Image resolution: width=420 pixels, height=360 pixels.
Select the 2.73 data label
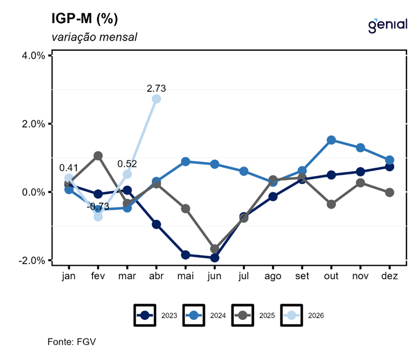(x=156, y=89)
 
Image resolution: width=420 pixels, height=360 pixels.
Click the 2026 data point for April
(x=156, y=99)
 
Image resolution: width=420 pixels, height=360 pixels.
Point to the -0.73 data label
(x=97, y=207)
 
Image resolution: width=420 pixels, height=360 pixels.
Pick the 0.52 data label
(x=128, y=164)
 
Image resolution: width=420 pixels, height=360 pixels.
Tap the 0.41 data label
(x=69, y=168)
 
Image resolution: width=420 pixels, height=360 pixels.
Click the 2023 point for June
(x=215, y=258)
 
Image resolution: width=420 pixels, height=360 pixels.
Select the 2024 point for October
(x=331, y=140)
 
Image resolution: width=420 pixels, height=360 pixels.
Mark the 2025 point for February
(x=98, y=156)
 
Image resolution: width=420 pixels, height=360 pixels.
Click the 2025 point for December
(x=390, y=192)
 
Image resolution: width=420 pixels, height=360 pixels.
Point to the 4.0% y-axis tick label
(x=34, y=55)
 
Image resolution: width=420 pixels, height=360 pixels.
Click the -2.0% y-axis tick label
(x=33, y=260)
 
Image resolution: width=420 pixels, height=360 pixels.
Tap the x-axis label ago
(x=273, y=276)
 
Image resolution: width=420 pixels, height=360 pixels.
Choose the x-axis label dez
(x=390, y=276)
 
